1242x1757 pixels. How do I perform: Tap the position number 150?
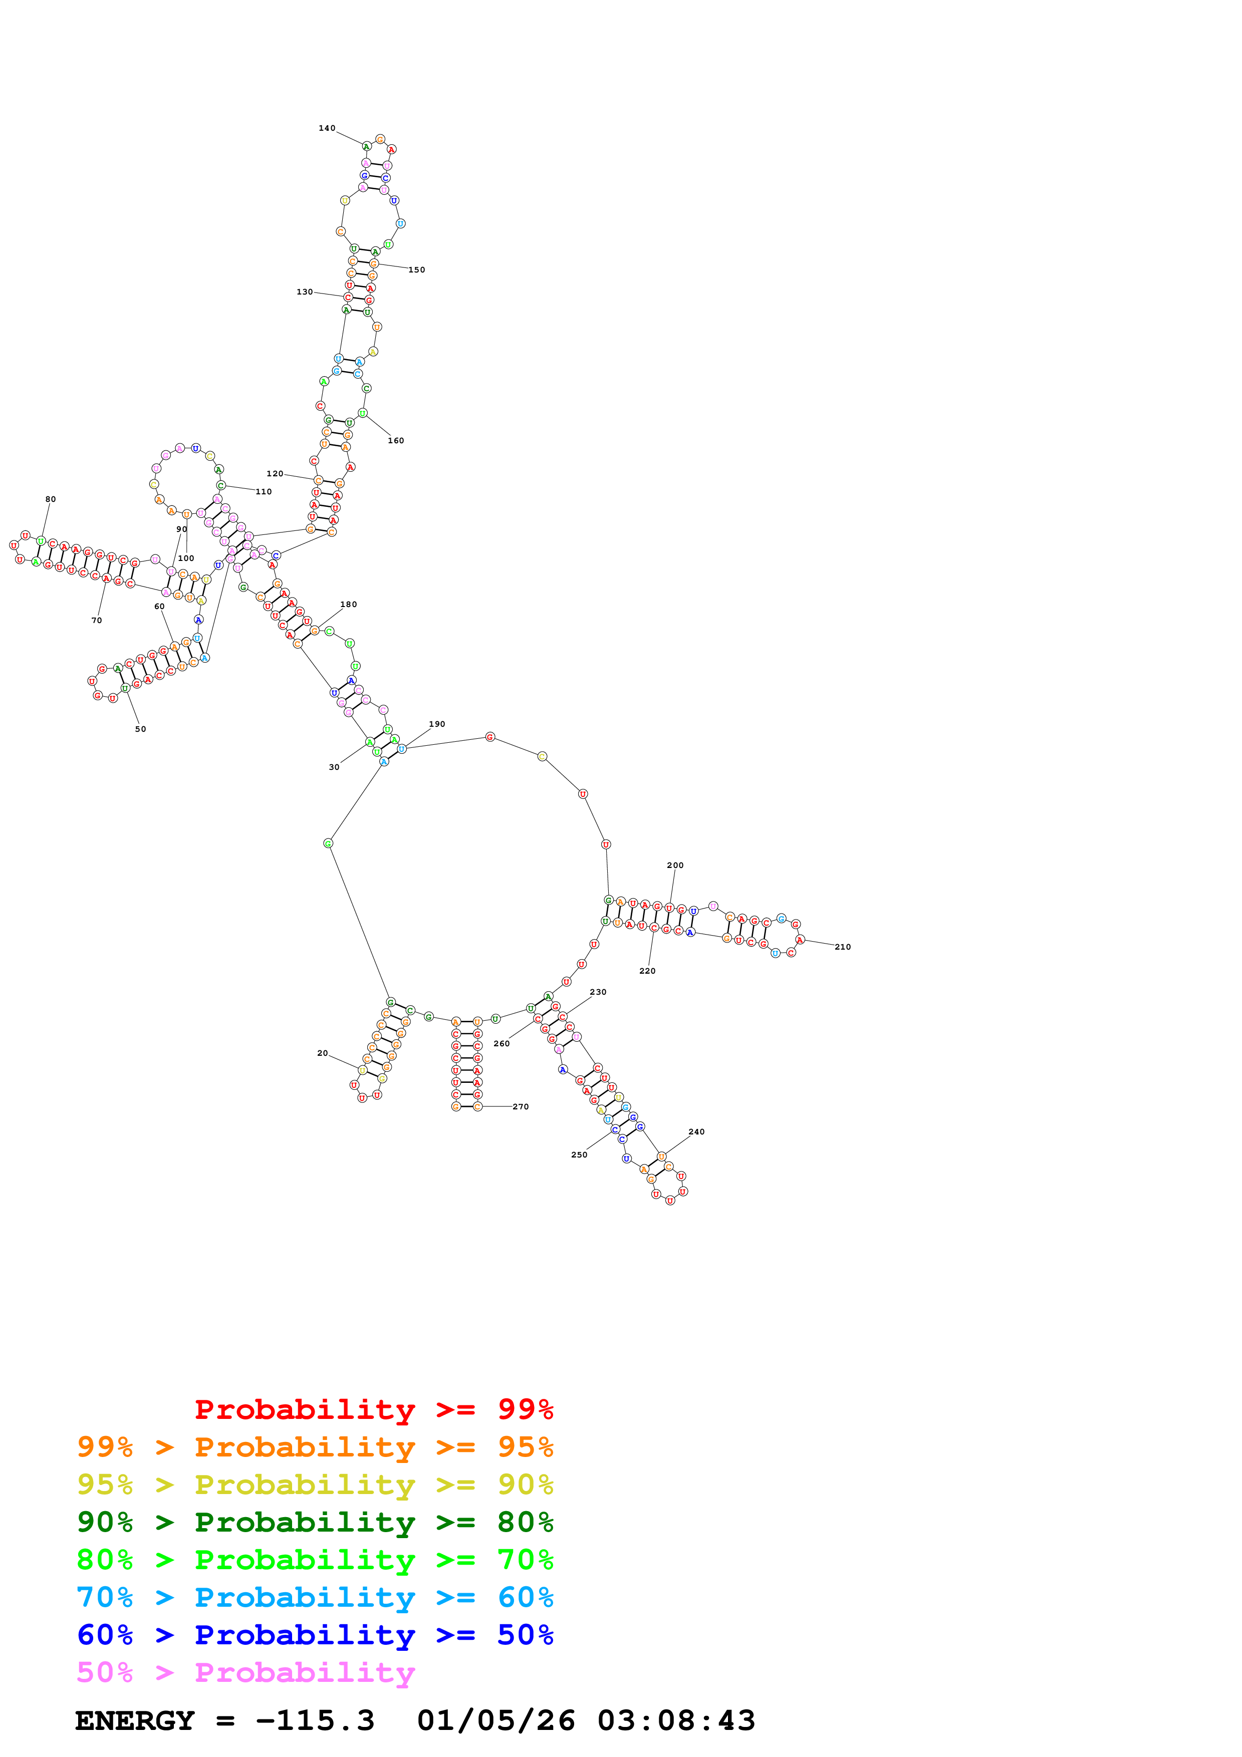click(x=416, y=269)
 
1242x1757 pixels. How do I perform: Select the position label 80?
click(x=51, y=499)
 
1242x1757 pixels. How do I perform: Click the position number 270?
click(x=521, y=1106)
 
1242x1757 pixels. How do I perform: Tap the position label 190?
click(x=437, y=724)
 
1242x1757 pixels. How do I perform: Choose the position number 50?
click(x=140, y=729)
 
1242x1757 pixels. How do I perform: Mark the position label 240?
click(x=696, y=1132)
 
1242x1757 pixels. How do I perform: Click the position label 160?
click(x=396, y=440)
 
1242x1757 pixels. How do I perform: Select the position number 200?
click(x=675, y=865)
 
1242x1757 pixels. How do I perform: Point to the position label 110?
click(x=263, y=491)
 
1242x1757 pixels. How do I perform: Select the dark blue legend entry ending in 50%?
click(x=315, y=1635)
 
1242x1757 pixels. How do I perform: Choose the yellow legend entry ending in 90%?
click(x=315, y=1485)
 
